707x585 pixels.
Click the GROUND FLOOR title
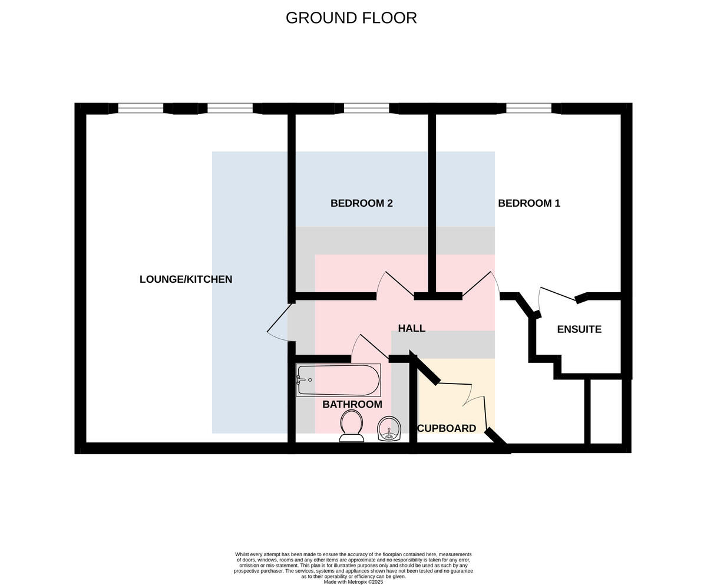tap(351, 18)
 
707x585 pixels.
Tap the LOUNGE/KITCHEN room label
tap(186, 279)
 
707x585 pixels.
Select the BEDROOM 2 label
tap(362, 203)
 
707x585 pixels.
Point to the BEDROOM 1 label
tap(529, 203)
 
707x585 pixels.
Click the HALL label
tap(411, 328)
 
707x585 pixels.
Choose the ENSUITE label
tap(579, 329)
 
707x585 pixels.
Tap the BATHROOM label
tap(352, 404)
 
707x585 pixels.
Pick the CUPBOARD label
tap(447, 428)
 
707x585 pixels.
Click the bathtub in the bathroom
tap(338, 380)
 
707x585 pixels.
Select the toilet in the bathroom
tap(352, 425)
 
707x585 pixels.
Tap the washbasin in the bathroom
tap(389, 428)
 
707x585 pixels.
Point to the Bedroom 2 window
tap(366, 108)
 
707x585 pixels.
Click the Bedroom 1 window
tap(528, 108)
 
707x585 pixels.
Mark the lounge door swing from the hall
tap(278, 322)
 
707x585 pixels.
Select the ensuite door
tap(557, 293)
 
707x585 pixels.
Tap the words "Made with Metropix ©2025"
tap(353, 582)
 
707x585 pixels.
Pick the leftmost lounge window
tap(141, 108)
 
